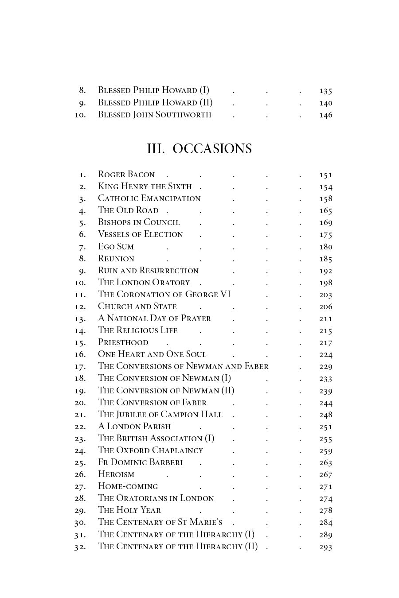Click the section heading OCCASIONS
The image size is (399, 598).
212,149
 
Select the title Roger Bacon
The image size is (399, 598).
126,175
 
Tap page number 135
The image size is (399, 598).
325,91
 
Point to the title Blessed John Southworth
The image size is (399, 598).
154,115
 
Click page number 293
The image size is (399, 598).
325,547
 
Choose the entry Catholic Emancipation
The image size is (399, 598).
149,198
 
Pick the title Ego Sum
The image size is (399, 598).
116,247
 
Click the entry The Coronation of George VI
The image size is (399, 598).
164,295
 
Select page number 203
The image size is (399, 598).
325,295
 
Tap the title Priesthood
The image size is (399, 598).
123,342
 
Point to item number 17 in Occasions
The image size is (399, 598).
80,367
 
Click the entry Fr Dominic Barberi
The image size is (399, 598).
140,462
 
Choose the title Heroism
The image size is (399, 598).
116,474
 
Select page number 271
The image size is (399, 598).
325,487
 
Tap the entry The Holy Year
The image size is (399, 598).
129,510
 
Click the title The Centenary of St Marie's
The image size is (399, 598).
160,522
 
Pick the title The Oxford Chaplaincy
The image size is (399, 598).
150,450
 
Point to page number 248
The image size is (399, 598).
325,415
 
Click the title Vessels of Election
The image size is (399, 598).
140,234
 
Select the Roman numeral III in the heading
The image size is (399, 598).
156,149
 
